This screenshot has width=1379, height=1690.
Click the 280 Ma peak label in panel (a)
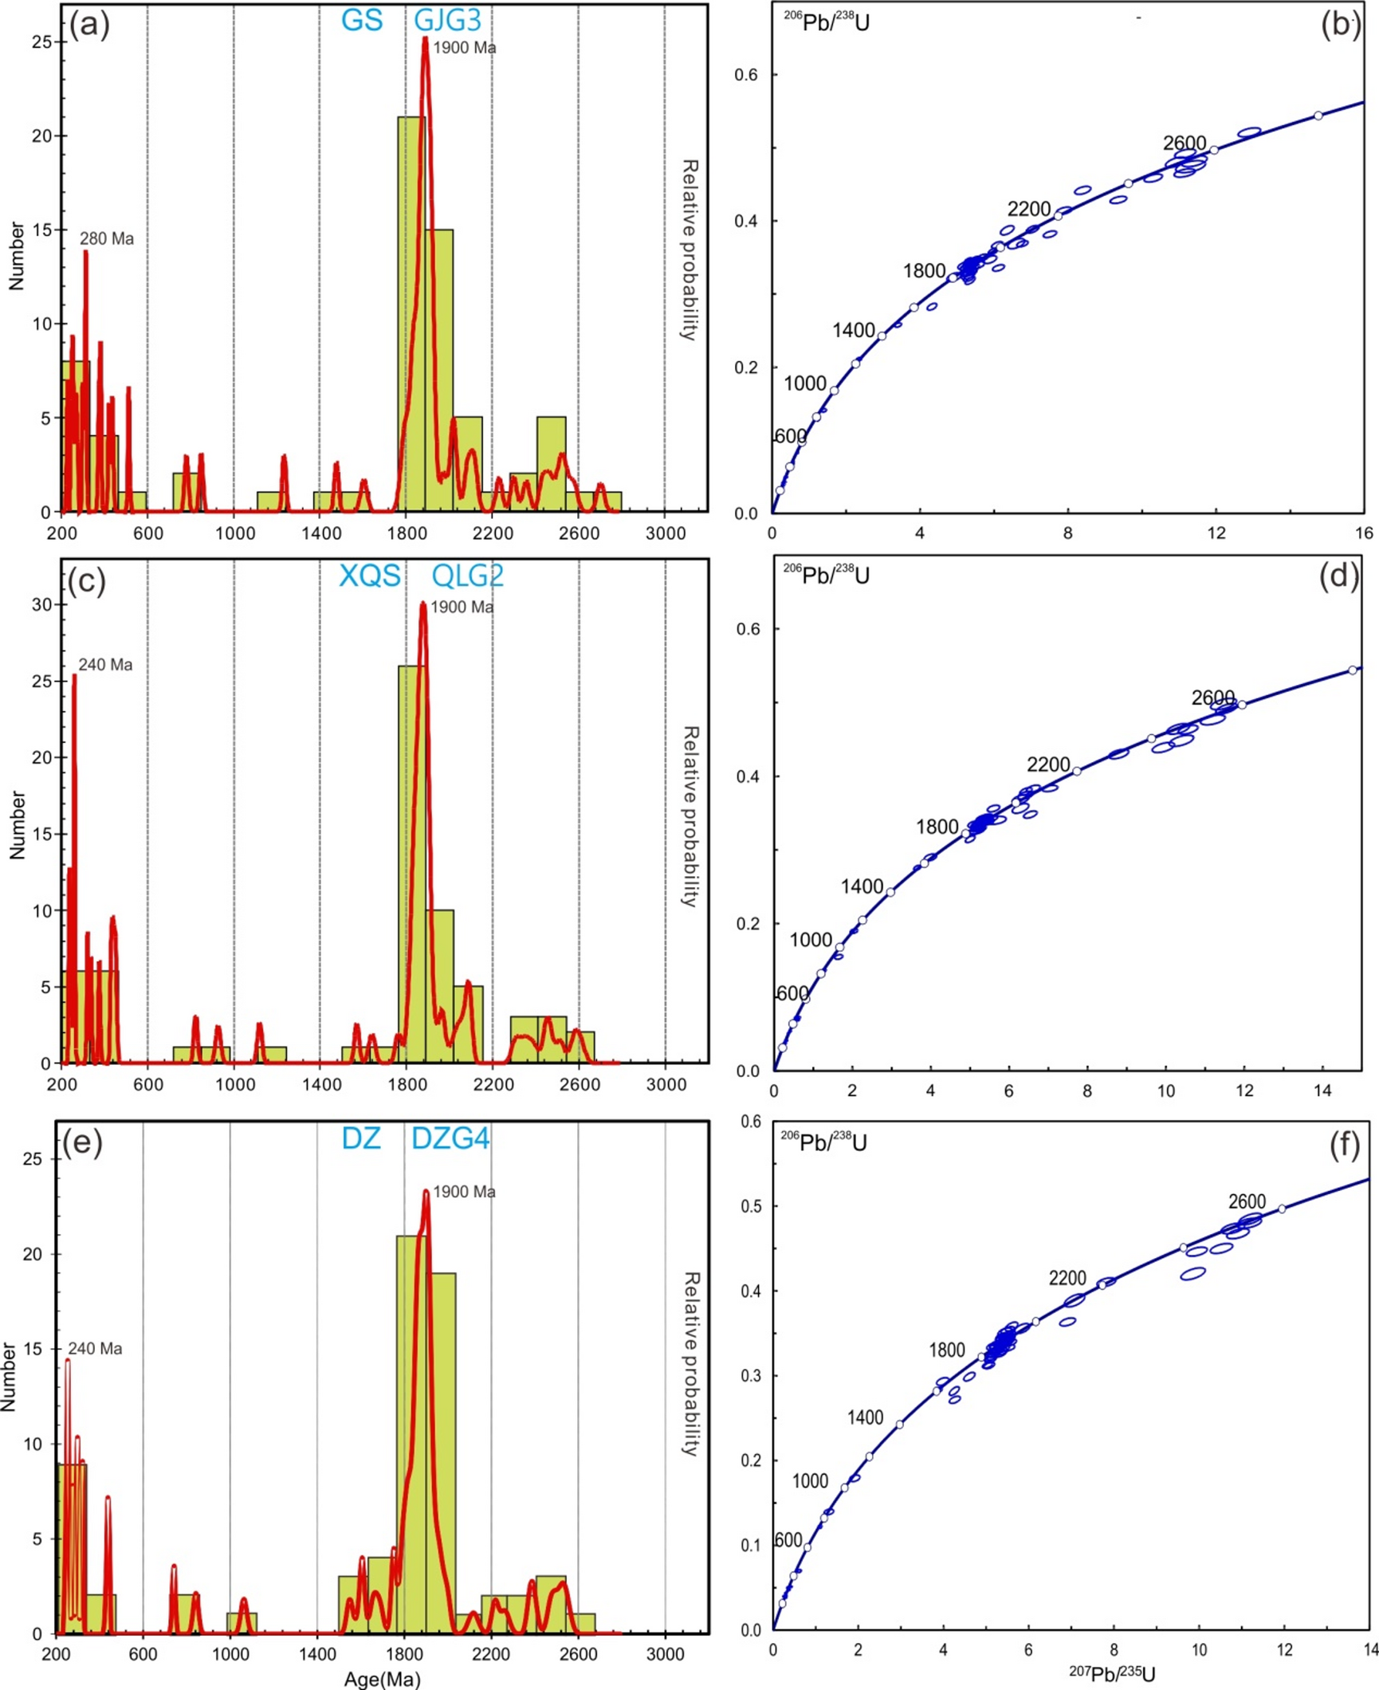(x=107, y=238)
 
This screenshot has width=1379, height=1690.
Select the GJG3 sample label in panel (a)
(x=447, y=20)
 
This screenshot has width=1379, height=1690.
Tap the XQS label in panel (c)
(x=369, y=575)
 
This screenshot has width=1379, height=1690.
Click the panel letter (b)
(x=1339, y=24)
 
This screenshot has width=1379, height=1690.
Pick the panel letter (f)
(x=1344, y=1145)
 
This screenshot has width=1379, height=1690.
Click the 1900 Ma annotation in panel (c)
(x=462, y=607)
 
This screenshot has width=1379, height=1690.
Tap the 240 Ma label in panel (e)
(x=95, y=1348)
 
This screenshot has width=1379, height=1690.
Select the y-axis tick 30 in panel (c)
(x=42, y=604)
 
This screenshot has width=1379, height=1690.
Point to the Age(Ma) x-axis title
(x=382, y=1679)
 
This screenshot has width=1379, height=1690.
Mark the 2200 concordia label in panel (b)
(x=1028, y=209)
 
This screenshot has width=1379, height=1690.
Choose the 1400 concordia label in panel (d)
(x=861, y=886)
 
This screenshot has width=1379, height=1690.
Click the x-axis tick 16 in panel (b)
(x=1364, y=533)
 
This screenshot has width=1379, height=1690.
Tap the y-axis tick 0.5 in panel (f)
(x=750, y=1206)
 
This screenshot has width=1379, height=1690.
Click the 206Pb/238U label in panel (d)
(x=825, y=574)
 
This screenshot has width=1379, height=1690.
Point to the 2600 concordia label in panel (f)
(x=1247, y=1201)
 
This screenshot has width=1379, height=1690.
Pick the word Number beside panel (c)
(x=18, y=824)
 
